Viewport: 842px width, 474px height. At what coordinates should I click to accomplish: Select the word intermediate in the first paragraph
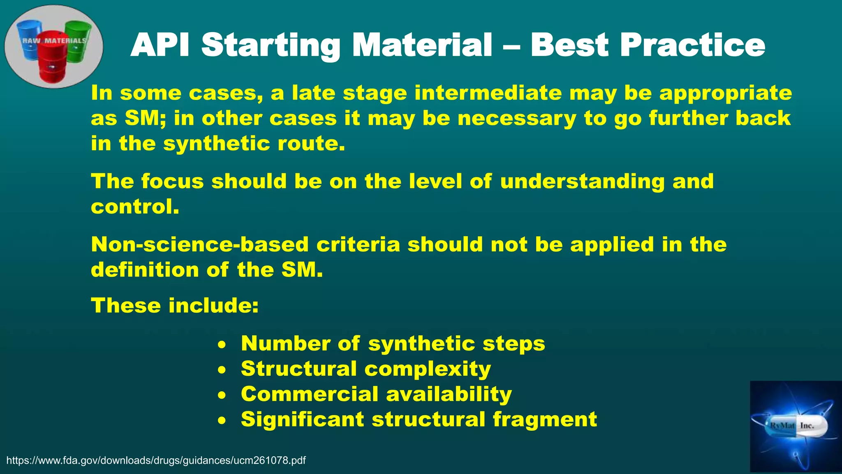click(x=488, y=93)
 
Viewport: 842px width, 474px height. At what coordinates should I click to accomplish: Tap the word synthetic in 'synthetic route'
click(x=216, y=144)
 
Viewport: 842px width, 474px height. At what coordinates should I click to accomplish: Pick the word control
click(x=135, y=207)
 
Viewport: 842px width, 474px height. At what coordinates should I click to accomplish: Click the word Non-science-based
click(x=199, y=245)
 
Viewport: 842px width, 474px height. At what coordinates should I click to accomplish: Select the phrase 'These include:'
click(x=175, y=306)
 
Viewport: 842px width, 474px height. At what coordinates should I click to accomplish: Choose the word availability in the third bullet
click(x=449, y=394)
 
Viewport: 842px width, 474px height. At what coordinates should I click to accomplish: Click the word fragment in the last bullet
click(x=545, y=420)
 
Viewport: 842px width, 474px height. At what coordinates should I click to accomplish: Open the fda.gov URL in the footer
click(x=156, y=460)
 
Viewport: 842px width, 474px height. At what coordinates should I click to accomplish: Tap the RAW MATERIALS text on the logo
click(x=54, y=41)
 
